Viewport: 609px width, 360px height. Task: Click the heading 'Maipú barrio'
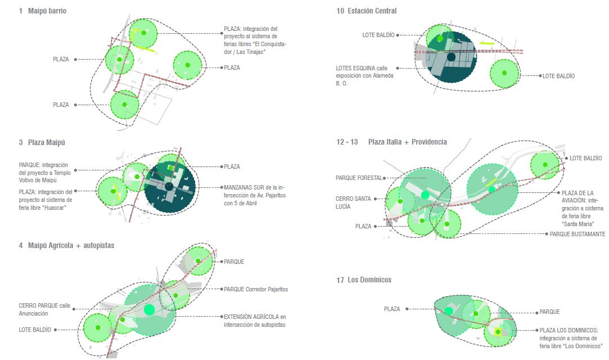tap(47, 11)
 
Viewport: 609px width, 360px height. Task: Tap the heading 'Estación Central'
tap(372, 11)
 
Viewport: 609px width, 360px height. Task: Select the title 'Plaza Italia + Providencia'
tap(408, 142)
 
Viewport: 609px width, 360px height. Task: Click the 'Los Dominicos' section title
tap(369, 280)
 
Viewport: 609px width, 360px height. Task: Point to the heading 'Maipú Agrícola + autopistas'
tap(71, 245)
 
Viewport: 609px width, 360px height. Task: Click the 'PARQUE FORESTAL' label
tap(359, 178)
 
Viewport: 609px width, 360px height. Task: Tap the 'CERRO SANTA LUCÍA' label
tap(353, 202)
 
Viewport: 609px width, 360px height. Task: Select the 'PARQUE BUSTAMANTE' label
tap(577, 234)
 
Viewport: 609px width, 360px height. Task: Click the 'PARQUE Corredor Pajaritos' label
tap(256, 289)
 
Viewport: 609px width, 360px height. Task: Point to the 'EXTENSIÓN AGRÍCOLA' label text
tap(255, 321)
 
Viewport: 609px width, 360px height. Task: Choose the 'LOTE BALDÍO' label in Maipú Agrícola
tap(35, 330)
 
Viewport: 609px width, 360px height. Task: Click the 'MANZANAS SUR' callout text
tap(255, 195)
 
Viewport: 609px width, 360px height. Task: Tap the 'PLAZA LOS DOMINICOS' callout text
tap(571, 338)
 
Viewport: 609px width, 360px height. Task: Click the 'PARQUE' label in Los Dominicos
tap(549, 312)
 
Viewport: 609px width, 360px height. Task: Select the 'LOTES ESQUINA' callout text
tap(365, 76)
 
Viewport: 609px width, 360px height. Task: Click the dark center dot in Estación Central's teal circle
tap(451, 57)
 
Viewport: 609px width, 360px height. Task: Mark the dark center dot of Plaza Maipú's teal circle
tap(169, 186)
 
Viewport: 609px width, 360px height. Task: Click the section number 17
tap(340, 280)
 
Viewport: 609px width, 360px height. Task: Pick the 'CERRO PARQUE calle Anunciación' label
tap(44, 309)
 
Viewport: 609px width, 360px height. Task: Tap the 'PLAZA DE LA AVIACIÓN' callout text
tap(583, 208)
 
